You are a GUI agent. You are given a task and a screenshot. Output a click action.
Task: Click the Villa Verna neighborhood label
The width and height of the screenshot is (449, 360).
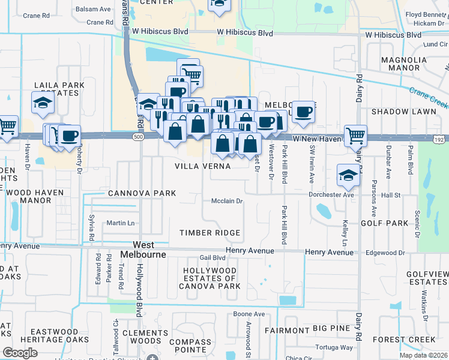[x=202, y=166]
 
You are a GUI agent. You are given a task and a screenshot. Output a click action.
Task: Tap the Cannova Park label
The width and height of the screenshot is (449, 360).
[x=142, y=193]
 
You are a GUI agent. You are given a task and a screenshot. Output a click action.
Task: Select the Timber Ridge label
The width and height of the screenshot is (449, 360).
[x=210, y=233]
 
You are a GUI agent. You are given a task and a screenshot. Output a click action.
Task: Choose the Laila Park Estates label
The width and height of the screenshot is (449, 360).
[x=57, y=89]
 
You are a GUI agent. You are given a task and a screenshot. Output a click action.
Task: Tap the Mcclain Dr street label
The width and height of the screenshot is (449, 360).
[x=226, y=202]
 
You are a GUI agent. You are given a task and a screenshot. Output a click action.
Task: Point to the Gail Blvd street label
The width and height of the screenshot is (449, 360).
[x=212, y=257]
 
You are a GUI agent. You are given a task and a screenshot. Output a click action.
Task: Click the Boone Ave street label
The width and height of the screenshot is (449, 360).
[x=249, y=314]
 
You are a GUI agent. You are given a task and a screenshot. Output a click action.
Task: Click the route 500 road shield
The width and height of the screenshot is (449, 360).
[x=139, y=137]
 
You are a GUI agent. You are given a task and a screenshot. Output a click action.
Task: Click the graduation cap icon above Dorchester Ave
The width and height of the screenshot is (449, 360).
[x=348, y=175]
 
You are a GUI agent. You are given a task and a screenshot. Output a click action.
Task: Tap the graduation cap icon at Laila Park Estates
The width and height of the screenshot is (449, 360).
[x=43, y=103]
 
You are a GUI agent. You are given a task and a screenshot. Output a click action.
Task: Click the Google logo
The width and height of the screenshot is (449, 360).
[x=20, y=353]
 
